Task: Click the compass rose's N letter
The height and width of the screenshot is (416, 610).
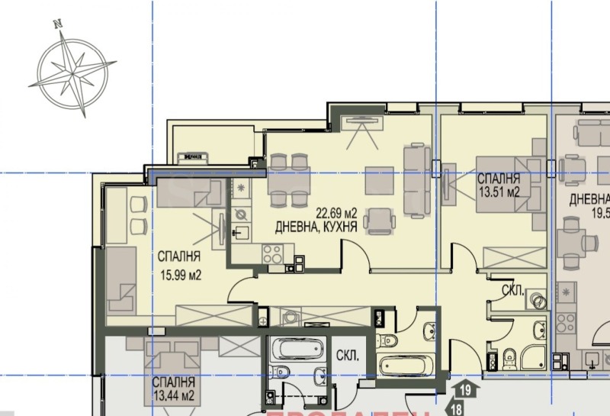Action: tap(57, 24)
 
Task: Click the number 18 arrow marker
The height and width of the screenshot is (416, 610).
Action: tap(457, 408)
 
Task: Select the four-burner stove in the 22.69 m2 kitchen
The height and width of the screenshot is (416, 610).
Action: tap(273, 254)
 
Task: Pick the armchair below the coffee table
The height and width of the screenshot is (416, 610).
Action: tap(379, 220)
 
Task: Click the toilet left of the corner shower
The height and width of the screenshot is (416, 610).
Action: tap(509, 356)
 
